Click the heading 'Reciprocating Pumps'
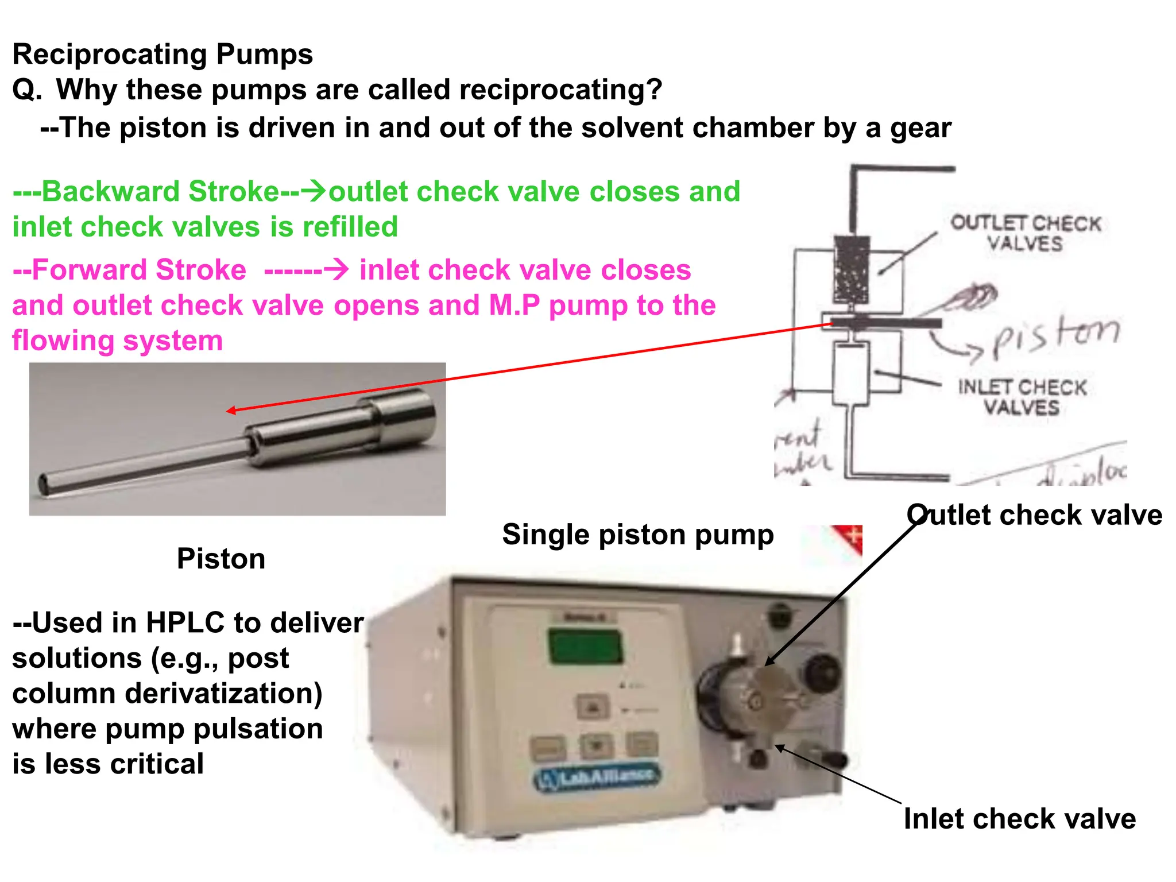[x=163, y=55]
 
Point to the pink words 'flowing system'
[x=117, y=341]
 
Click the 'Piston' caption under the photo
[x=221, y=559]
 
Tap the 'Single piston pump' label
[x=637, y=535]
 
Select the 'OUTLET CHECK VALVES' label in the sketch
[x=1026, y=233]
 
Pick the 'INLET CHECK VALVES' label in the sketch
[x=1022, y=397]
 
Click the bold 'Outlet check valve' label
[x=1034, y=515]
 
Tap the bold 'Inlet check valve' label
[x=1020, y=819]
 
